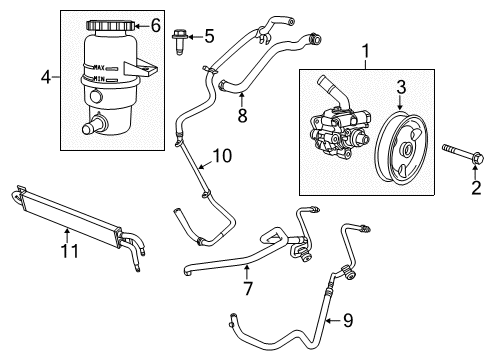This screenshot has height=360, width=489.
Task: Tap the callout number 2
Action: (x=448, y=186)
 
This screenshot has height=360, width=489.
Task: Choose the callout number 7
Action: (x=248, y=289)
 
